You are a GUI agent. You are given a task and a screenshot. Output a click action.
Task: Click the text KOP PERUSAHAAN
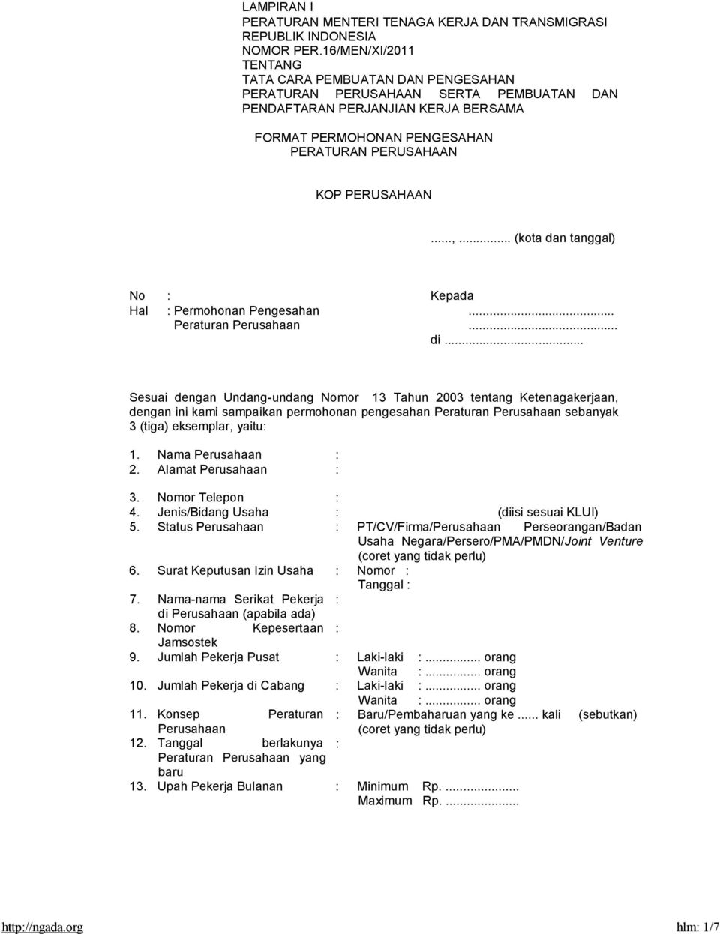(373, 195)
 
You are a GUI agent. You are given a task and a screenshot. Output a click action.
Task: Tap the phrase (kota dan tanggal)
(564, 238)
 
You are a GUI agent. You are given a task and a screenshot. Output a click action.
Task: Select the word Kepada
(451, 296)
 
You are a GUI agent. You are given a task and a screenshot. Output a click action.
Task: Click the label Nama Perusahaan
(209, 455)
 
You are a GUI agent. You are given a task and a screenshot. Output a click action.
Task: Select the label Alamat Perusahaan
(211, 469)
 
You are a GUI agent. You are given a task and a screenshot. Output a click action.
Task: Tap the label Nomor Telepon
(200, 498)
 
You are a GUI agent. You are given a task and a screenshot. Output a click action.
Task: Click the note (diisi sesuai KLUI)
(547, 513)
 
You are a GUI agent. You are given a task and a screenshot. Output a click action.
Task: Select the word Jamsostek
(187, 642)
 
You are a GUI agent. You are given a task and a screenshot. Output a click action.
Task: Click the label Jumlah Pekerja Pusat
(217, 657)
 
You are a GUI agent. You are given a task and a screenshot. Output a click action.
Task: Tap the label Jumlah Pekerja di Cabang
(230, 686)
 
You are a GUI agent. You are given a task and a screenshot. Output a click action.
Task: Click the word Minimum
(382, 786)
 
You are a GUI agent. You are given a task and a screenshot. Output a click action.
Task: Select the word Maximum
(385, 801)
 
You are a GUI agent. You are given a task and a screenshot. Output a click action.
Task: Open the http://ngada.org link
(42, 927)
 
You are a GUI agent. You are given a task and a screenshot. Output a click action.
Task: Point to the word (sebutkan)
(607, 714)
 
